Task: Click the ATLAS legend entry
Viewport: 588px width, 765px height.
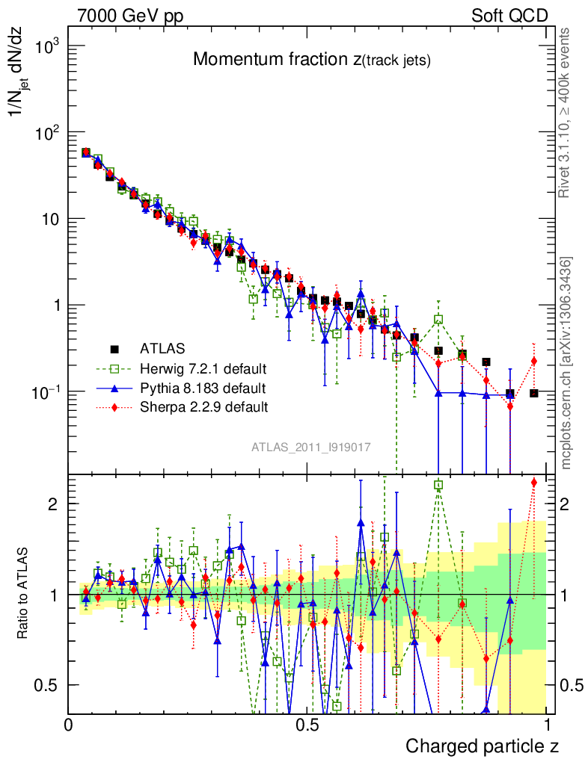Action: [x=161, y=348]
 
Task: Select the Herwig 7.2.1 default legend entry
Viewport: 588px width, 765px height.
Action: [x=203, y=368]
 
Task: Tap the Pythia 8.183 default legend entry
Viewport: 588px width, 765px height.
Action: [x=203, y=388]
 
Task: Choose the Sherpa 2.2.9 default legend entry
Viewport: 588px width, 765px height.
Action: [x=203, y=407]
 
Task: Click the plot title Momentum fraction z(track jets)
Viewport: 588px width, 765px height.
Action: [x=311, y=60]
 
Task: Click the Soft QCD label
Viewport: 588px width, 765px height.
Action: [x=509, y=16]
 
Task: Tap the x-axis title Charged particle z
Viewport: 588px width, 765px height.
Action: [x=482, y=746]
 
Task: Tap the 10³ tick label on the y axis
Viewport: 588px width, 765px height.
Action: [x=46, y=47]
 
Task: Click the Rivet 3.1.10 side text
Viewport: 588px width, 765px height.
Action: [x=566, y=112]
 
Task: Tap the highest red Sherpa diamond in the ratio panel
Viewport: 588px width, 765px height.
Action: [x=533, y=483]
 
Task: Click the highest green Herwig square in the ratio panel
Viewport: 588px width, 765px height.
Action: [x=438, y=485]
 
